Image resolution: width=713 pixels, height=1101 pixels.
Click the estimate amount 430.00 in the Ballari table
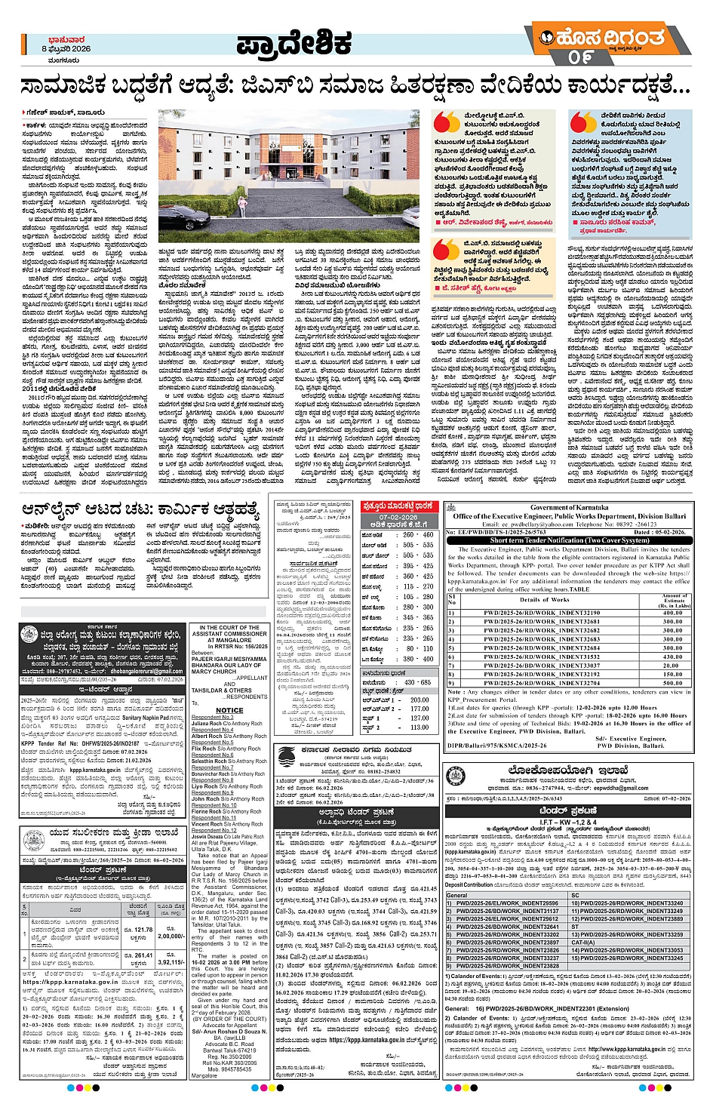(x=672, y=657)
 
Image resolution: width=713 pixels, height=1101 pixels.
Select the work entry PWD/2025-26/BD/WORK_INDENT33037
(x=542, y=666)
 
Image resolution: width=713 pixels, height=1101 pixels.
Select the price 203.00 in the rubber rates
(x=420, y=700)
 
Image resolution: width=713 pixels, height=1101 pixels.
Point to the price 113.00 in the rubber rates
(x=420, y=727)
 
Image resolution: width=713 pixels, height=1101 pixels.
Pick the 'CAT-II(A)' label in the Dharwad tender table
(x=583, y=943)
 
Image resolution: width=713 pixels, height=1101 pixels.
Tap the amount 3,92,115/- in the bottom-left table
(x=171, y=962)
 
